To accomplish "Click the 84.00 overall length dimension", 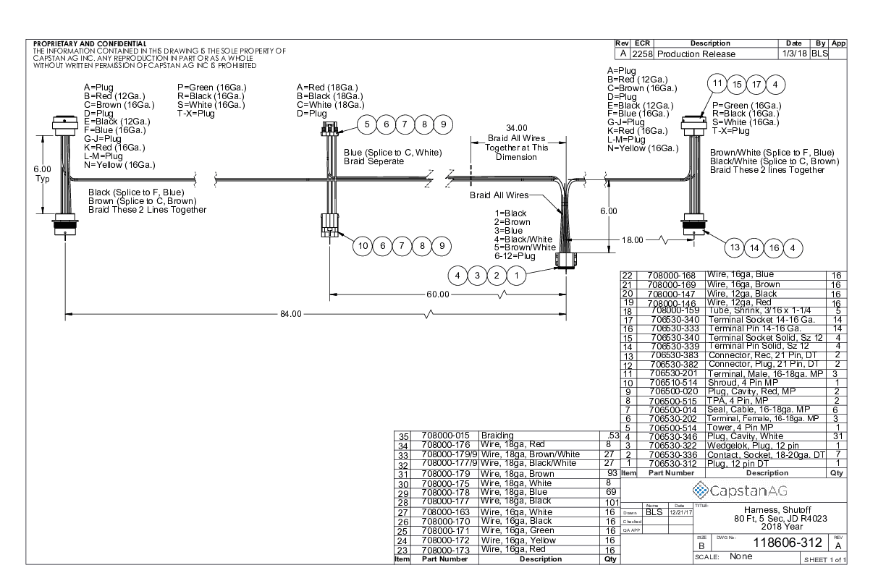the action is (x=291, y=314).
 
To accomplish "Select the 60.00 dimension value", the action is (x=438, y=294).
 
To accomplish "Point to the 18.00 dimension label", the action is (x=633, y=240).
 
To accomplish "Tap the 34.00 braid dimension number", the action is (x=517, y=128).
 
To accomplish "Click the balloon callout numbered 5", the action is (x=367, y=124).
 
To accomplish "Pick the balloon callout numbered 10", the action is (x=363, y=246).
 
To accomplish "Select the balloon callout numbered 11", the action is (x=717, y=83).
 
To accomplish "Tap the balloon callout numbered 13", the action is (x=735, y=247).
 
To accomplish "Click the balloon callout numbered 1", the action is (x=516, y=276).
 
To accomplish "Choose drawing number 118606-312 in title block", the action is (x=788, y=543).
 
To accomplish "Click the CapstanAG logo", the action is (x=740, y=491).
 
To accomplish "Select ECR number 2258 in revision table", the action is (x=642, y=54).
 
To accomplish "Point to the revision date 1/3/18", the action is (x=794, y=54).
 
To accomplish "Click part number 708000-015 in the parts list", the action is (x=445, y=436).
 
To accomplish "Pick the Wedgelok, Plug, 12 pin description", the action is (x=753, y=446).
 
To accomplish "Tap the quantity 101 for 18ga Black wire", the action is (x=612, y=502).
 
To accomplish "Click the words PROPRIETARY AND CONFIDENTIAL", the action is (x=90, y=43).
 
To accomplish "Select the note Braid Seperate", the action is (x=374, y=161).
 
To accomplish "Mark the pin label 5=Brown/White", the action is (x=525, y=247).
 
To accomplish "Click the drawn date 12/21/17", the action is (x=680, y=512).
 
